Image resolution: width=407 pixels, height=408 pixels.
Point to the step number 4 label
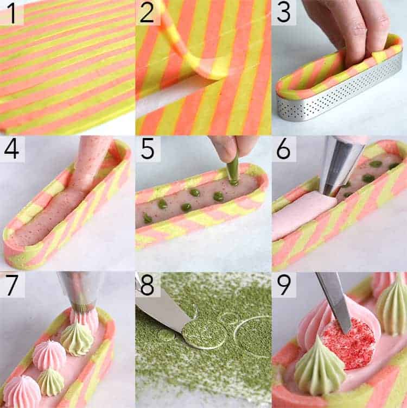point(11,149)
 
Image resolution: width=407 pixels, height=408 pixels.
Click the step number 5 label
point(147,149)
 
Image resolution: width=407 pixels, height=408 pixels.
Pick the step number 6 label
point(283,149)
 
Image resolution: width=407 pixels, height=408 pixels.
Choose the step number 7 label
point(11,285)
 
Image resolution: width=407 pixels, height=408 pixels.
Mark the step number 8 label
point(147,285)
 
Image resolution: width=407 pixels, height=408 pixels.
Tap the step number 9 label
point(283,285)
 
